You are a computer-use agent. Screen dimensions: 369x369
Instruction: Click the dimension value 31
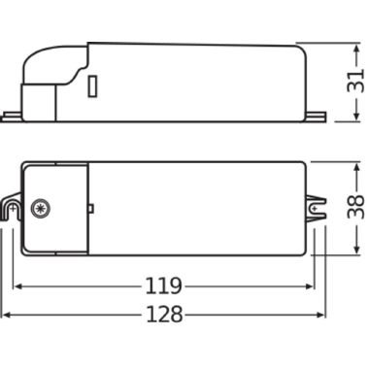pos(355,81)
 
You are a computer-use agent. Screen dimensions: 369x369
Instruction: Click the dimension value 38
pos(355,207)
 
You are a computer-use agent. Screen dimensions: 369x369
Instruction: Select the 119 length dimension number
pos(163,285)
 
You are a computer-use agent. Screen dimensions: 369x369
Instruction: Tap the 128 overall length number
pos(164,314)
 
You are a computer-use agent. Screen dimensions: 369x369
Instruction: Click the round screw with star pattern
pos(41,208)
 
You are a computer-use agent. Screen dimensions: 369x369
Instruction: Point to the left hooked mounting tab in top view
pos(12,207)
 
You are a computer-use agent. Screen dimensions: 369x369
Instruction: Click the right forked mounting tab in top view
pos(316,208)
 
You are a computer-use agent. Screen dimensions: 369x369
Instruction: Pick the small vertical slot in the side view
pos(92,86)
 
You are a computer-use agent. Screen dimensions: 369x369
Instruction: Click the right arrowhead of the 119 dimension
pos(309,286)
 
